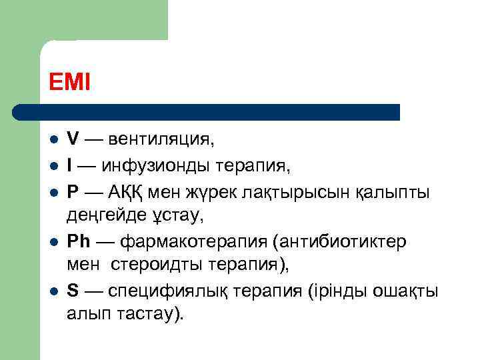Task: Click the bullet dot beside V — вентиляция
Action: tap(53, 141)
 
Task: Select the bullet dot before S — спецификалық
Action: tap(53, 291)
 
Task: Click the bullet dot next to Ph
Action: tap(53, 241)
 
